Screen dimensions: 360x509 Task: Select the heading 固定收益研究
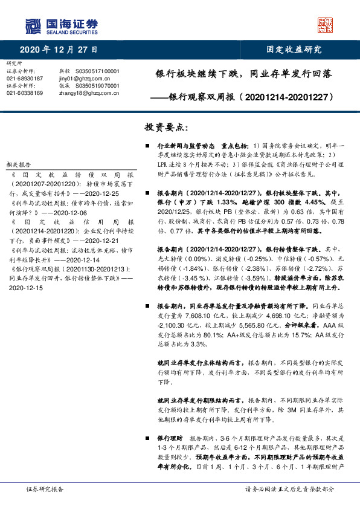(295, 50)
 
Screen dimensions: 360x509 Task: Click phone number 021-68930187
(24, 79)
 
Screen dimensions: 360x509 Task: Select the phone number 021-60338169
(24, 93)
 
